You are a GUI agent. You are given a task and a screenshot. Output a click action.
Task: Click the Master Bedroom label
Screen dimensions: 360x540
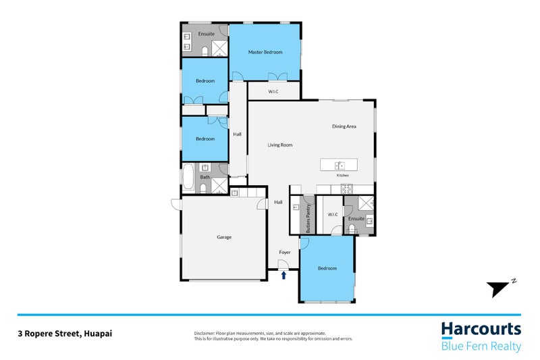265,52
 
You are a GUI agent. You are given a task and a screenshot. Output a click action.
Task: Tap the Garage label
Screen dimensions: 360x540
224,237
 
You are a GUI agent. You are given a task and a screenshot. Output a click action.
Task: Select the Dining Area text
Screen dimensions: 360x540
344,126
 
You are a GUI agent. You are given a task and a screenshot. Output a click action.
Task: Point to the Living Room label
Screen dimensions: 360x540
279,145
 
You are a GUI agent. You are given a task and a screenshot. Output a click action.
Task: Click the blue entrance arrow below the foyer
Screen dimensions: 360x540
284,275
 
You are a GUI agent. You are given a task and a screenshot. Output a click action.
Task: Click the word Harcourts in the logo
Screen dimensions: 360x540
481,329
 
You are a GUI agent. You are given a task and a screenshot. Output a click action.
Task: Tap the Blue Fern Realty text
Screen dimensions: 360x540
481,346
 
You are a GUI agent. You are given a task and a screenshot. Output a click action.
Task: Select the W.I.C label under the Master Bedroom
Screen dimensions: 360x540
273,91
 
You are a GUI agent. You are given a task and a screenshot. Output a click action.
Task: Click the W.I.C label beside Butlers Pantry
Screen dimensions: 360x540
331,215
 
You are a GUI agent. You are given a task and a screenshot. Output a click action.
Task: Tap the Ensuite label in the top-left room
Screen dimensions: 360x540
206,33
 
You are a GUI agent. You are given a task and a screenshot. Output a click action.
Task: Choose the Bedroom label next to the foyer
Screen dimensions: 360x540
327,268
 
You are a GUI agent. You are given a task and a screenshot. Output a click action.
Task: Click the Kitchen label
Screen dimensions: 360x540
343,176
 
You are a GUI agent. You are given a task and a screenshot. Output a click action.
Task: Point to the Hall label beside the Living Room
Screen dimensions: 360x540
237,134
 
